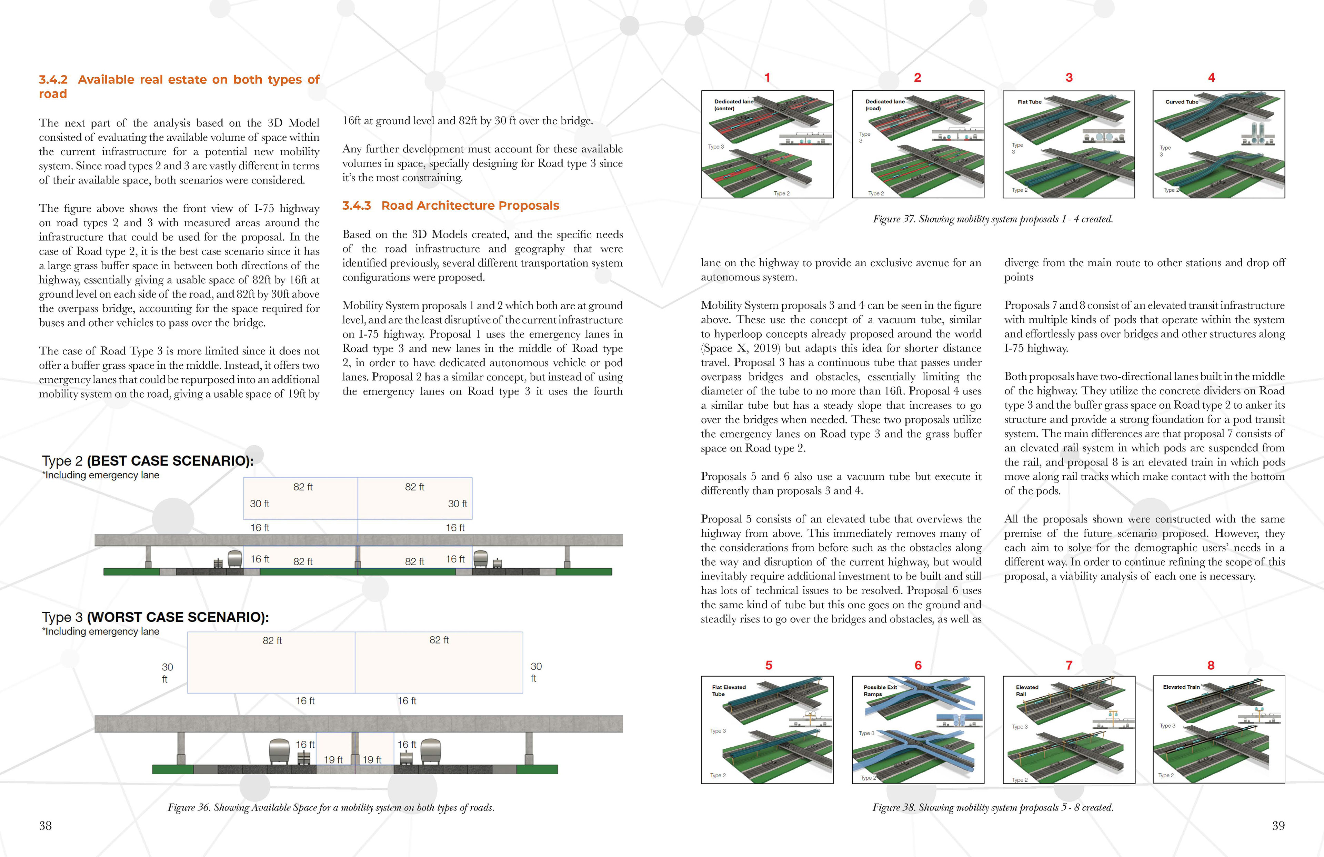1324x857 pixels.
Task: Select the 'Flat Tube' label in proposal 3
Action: [x=1029, y=102]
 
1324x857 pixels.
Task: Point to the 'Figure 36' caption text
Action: [x=331, y=807]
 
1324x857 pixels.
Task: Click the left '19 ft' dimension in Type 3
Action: [x=333, y=760]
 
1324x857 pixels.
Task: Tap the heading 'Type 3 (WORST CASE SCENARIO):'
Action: [x=155, y=617]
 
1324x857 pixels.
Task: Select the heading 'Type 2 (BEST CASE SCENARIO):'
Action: [x=148, y=461]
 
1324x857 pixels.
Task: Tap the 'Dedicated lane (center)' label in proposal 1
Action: [x=733, y=104]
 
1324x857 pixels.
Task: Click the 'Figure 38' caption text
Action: [x=992, y=807]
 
